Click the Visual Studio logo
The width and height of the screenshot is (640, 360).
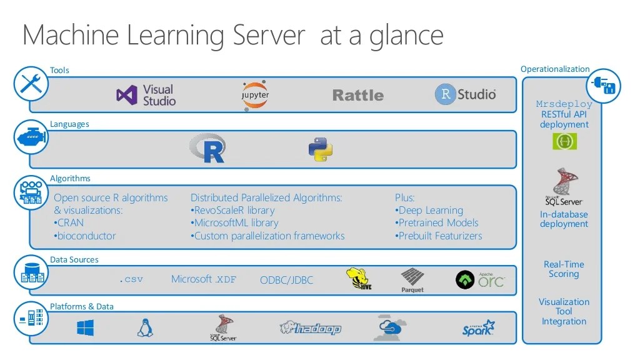pyautogui.click(x=146, y=95)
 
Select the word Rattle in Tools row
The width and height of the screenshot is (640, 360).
pyautogui.click(x=357, y=96)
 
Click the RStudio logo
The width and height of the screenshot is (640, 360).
pyautogui.click(x=465, y=94)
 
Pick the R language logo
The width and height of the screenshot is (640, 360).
pyautogui.click(x=207, y=149)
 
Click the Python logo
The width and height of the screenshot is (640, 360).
pyautogui.click(x=320, y=149)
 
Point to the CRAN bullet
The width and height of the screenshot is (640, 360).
pyautogui.click(x=69, y=223)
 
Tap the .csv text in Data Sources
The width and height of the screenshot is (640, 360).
pyautogui.click(x=131, y=279)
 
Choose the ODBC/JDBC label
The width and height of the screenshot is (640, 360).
pyautogui.click(x=286, y=280)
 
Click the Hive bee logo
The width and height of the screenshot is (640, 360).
pyautogui.click(x=359, y=279)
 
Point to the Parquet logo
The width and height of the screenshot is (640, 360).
pyautogui.click(x=412, y=280)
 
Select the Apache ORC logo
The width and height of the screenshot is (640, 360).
pyautogui.click(x=480, y=279)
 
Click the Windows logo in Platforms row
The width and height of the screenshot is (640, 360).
pyautogui.click(x=86, y=327)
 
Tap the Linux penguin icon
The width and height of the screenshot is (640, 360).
pyautogui.click(x=145, y=327)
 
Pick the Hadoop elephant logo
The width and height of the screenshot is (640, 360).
pyautogui.click(x=310, y=327)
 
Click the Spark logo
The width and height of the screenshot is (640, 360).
pyautogui.click(x=479, y=327)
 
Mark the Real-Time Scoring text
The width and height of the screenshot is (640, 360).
pyautogui.click(x=564, y=269)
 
